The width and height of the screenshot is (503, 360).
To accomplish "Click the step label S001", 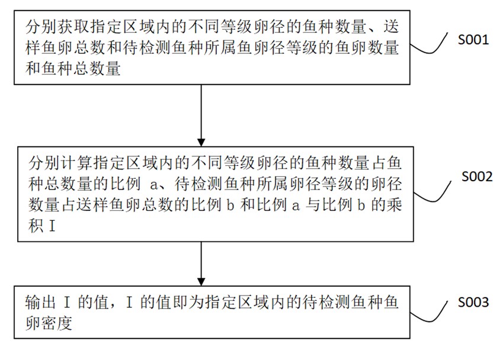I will (x=472, y=40).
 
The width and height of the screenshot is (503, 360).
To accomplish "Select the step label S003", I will (x=472, y=303).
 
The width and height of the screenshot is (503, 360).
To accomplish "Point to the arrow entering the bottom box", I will (x=202, y=264).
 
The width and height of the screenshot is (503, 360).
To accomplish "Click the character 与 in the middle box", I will (x=307, y=204).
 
